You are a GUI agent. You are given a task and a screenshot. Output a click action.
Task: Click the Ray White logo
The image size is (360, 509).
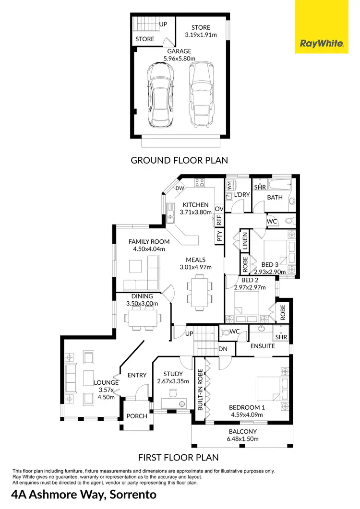(x=322, y=44)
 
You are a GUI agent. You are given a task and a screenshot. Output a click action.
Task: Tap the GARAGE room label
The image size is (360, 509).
(x=179, y=51)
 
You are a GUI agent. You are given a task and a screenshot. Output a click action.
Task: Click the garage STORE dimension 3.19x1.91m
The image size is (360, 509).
(x=201, y=35)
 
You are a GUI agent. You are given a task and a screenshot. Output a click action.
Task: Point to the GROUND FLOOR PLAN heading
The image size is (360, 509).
(x=179, y=160)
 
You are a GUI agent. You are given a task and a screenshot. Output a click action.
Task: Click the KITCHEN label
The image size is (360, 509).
(x=195, y=205)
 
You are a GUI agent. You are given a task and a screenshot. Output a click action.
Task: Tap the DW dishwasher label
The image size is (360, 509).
(x=180, y=189)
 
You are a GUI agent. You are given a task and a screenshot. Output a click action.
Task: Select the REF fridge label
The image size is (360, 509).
(x=219, y=220)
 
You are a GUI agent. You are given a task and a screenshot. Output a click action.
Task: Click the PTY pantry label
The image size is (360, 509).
(x=219, y=236)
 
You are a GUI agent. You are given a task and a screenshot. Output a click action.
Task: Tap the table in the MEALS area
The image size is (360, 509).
(x=199, y=292)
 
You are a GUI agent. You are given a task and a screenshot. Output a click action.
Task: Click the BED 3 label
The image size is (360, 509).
(x=270, y=264)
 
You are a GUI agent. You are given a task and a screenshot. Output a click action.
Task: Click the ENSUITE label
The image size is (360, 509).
(x=262, y=346)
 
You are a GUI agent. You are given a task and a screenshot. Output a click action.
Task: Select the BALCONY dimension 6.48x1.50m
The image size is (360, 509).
(x=242, y=438)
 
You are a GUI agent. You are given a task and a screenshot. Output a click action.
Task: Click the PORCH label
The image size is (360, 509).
(x=137, y=416)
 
